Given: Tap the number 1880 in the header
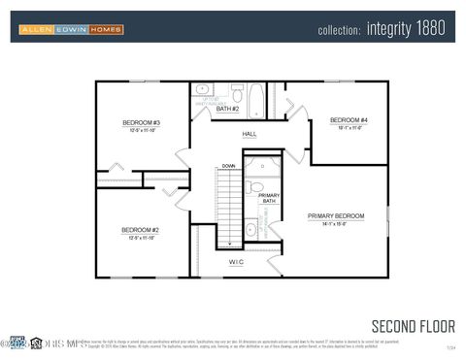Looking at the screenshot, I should [x=431, y=30].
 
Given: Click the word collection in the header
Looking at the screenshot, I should [x=339, y=30].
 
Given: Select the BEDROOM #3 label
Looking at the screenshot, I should [x=141, y=122].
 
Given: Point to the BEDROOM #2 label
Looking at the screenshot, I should [x=140, y=230].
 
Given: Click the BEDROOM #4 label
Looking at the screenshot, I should [x=347, y=120].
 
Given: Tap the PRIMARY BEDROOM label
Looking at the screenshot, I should [x=336, y=214].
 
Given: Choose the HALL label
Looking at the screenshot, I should [x=250, y=134].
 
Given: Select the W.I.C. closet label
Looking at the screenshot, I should [x=236, y=262].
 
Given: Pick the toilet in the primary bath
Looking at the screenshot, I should [x=250, y=186].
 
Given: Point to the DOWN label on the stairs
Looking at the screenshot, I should [x=228, y=166].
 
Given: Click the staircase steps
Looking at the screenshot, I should [x=228, y=209].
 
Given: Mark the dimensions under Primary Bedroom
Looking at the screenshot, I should [x=336, y=223].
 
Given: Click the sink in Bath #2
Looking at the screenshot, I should [x=203, y=89].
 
